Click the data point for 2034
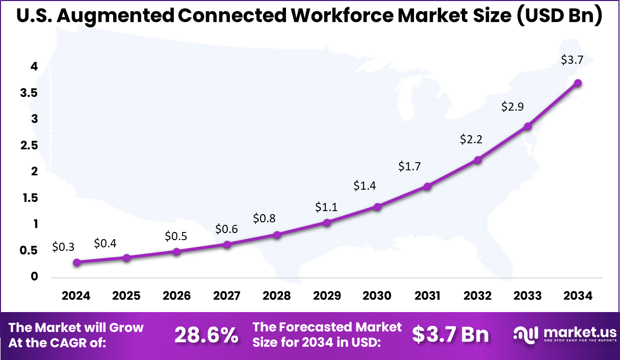tap(578, 83)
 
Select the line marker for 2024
tap(76, 262)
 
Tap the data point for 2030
tap(377, 207)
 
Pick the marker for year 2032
tap(478, 160)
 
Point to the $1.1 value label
tap(326, 207)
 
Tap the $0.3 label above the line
tap(63, 247)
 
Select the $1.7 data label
tap(409, 166)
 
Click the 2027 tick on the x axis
tap(227, 296)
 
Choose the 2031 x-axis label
tap(427, 296)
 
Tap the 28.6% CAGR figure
tap(206, 335)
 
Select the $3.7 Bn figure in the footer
tap(450, 335)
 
